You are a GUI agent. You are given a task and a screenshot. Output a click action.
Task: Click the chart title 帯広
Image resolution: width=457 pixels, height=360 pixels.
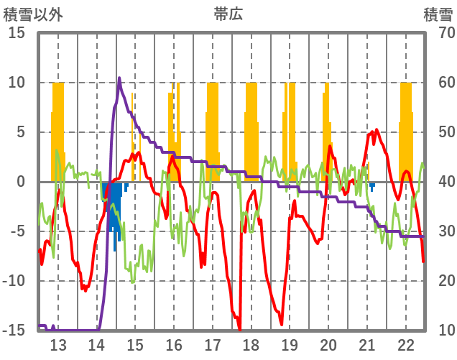pos(228,14)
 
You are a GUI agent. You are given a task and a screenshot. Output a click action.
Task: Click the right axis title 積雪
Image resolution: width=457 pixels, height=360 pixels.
pos(437,14)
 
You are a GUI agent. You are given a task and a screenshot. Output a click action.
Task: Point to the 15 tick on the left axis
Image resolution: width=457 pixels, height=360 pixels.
pos(17,33)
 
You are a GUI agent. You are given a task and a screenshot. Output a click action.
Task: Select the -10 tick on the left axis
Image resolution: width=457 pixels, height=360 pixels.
pos(14,281)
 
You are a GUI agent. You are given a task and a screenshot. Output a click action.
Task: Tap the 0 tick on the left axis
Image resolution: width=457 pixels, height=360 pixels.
pos(22,182)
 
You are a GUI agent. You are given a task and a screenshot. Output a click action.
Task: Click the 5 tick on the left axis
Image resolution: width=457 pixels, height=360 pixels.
pos(22,132)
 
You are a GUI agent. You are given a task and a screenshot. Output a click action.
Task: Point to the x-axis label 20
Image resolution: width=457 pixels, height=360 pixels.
pos(328,343)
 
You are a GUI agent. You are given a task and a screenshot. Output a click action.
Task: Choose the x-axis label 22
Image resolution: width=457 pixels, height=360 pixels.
pos(406,343)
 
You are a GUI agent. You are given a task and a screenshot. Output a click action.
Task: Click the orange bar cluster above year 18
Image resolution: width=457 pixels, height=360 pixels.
pos(251,129)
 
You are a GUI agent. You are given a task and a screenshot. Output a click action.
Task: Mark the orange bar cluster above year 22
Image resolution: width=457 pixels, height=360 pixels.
pos(406,129)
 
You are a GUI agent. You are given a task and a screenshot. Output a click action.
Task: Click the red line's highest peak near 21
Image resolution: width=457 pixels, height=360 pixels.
pos(377,131)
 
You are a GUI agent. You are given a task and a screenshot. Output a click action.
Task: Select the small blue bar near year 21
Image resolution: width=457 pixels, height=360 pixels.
pos(372,187)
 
